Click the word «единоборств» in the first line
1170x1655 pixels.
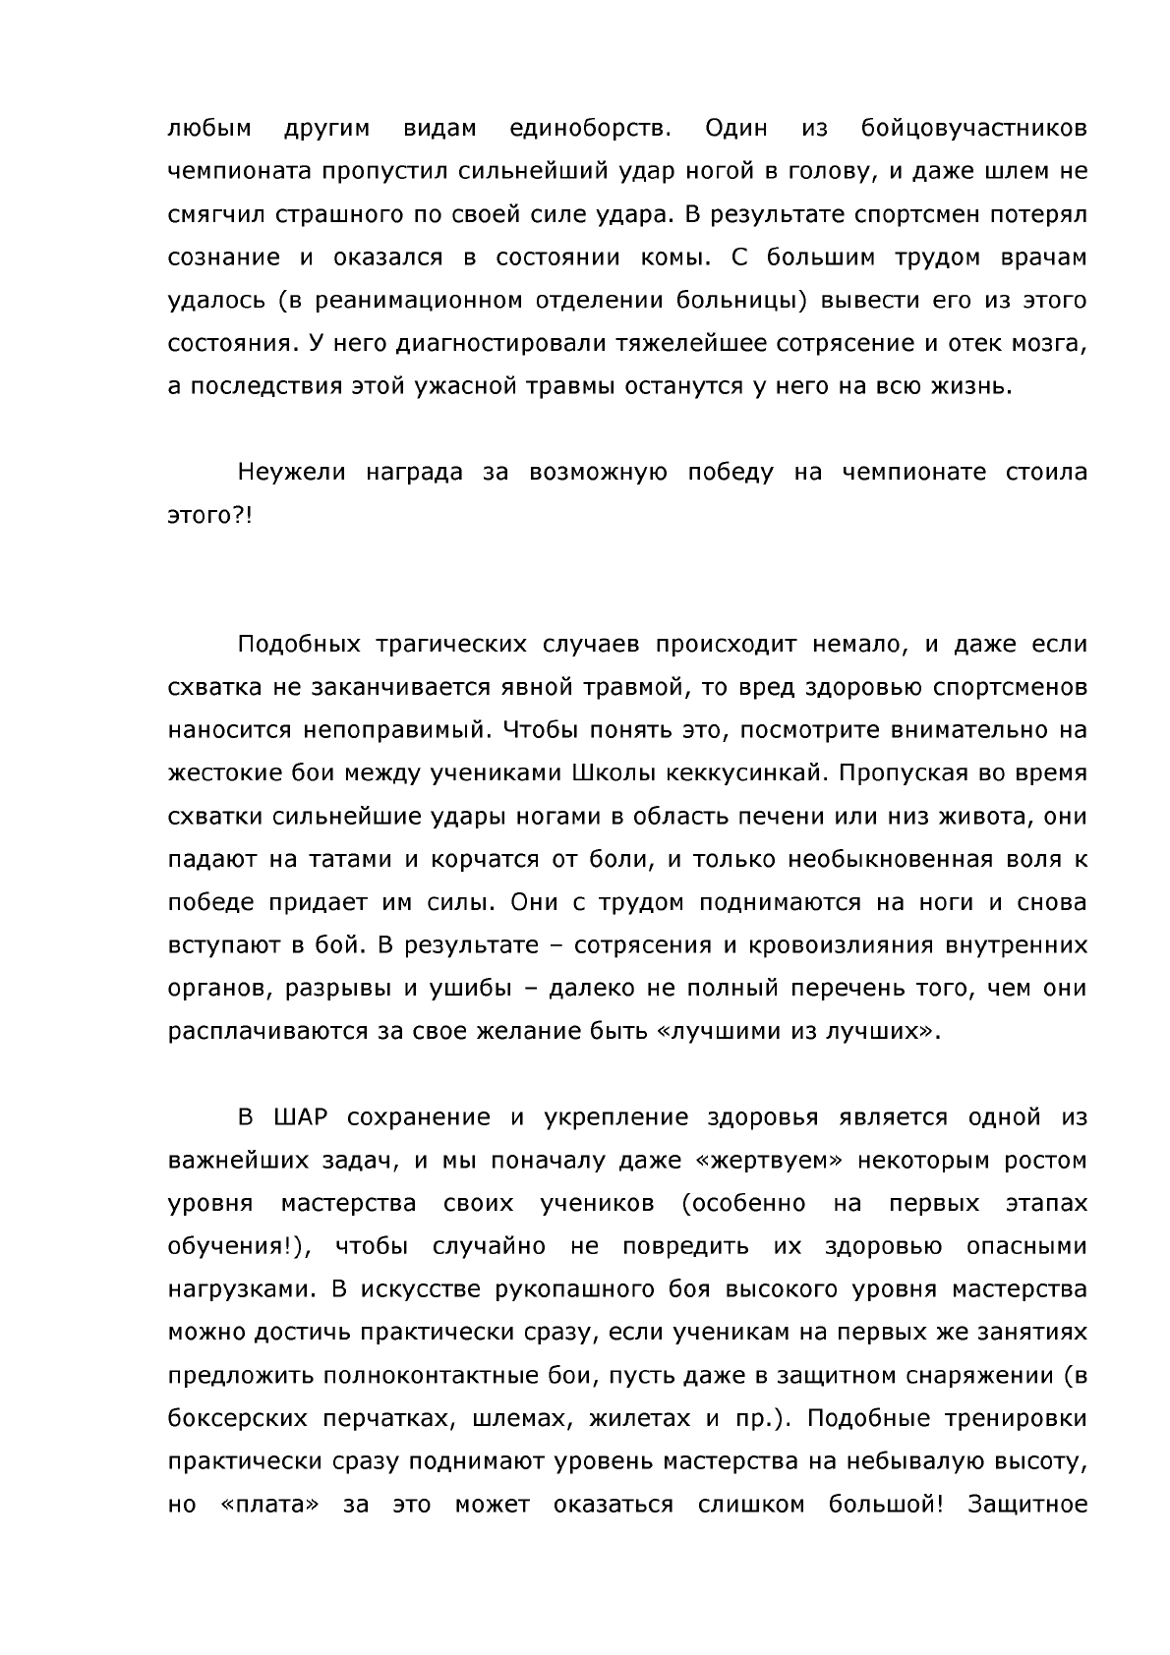[x=591, y=130]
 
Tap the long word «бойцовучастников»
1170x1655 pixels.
[x=973, y=130]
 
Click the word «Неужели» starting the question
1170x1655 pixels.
[x=292, y=473]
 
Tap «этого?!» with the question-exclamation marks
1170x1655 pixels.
[x=209, y=516]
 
